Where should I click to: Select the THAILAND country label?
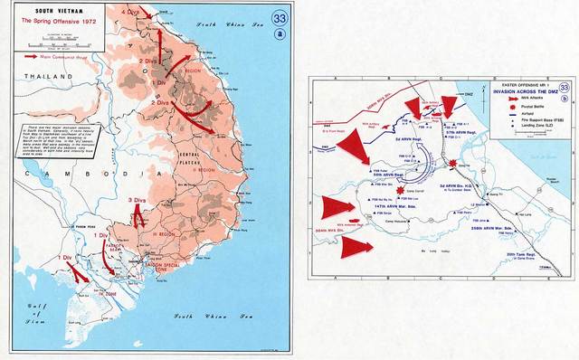[x=38, y=78]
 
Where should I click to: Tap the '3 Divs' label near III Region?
[x=138, y=199]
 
